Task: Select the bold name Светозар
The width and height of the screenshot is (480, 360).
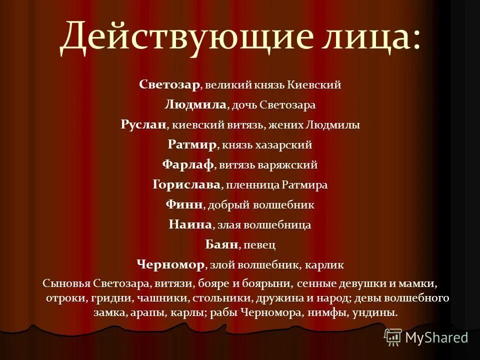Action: pyautogui.click(x=170, y=84)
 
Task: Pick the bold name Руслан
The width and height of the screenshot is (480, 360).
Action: pyautogui.click(x=143, y=125)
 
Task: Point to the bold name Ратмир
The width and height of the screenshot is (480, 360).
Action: pyautogui.click(x=192, y=145)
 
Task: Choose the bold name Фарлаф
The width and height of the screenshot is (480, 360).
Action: pyautogui.click(x=188, y=164)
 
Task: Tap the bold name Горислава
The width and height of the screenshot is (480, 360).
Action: pyautogui.click(x=186, y=184)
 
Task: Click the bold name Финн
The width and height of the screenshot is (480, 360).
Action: pyautogui.click(x=184, y=204)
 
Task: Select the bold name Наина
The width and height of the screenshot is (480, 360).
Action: pyautogui.click(x=190, y=224)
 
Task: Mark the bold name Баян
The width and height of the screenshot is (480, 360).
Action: pyautogui.click(x=221, y=244)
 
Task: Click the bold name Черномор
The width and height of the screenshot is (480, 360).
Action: pyautogui.click(x=170, y=264)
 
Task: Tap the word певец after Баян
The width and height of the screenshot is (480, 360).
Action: pyautogui.click(x=260, y=245)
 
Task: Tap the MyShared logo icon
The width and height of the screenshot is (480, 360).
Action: pyautogui.click(x=393, y=337)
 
